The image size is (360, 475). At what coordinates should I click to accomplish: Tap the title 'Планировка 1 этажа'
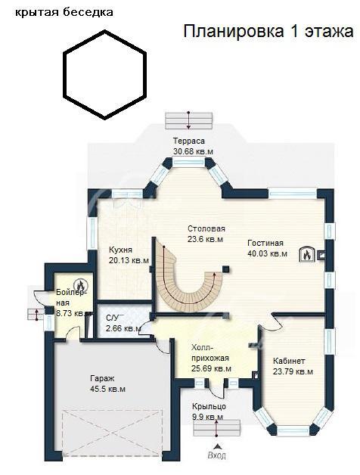tap(268, 31)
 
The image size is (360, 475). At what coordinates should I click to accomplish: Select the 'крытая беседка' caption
tap(64, 12)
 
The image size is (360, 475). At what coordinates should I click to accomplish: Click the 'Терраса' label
tap(189, 141)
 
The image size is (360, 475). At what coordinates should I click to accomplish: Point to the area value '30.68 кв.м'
tap(193, 151)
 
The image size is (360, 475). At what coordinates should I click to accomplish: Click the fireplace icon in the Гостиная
tap(306, 254)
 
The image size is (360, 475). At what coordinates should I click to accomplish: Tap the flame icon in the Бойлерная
tap(80, 284)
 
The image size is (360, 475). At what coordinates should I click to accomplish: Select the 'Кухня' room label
tap(120, 250)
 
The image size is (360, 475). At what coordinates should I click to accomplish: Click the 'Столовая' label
tap(206, 228)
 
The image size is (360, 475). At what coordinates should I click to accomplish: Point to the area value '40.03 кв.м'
tap(267, 253)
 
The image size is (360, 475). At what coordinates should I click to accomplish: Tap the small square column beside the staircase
tap(225, 269)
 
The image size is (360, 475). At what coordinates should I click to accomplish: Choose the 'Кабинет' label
tap(289, 361)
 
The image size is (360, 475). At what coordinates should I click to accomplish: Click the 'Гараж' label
tap(102, 378)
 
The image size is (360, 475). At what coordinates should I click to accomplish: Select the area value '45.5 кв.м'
tap(107, 389)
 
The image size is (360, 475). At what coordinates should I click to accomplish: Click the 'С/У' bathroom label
tap(113, 318)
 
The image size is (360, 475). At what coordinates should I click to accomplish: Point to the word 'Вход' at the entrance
tap(216, 455)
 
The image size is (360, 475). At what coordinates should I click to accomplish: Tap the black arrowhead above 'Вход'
tap(217, 446)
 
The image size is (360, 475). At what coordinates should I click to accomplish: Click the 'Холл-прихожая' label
tap(210, 352)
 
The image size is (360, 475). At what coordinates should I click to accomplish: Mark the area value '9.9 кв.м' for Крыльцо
tap(207, 418)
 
